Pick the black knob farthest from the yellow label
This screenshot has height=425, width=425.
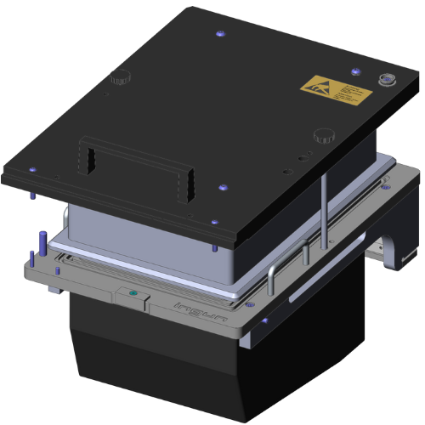(x=121, y=77)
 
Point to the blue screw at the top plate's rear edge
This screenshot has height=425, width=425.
(x=221, y=33)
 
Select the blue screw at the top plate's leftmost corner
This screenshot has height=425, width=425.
(x=31, y=167)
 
